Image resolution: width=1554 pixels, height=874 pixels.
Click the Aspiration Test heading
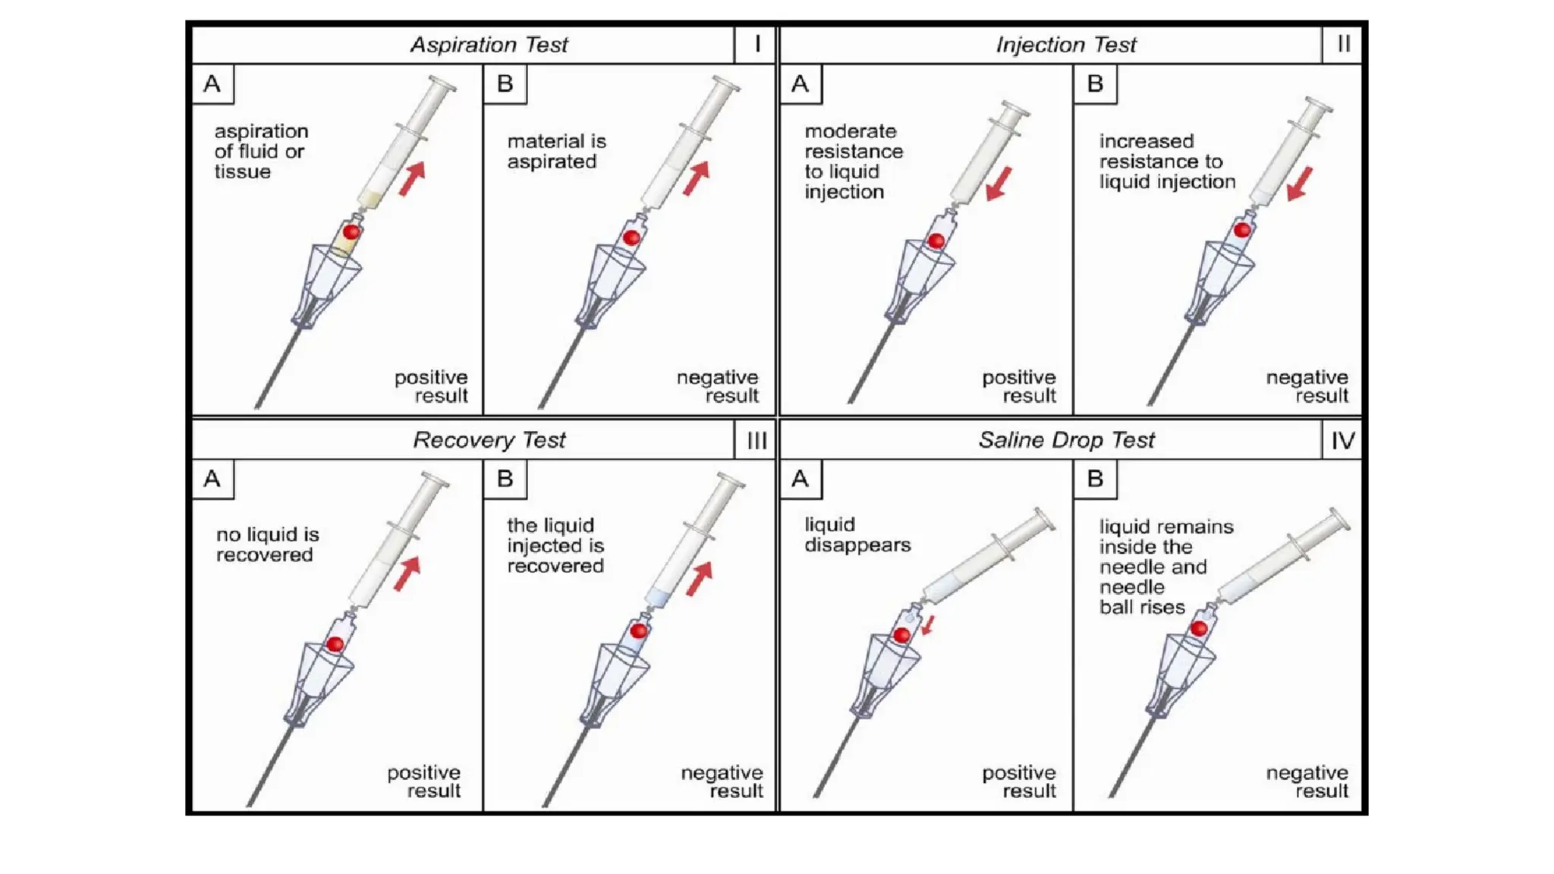tap(489, 45)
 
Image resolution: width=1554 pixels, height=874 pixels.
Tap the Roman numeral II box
tap(1342, 44)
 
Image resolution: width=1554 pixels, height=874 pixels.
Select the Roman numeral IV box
tap(1342, 440)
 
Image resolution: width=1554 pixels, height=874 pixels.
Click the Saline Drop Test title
tap(1065, 440)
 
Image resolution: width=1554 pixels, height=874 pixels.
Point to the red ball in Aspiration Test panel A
tap(351, 232)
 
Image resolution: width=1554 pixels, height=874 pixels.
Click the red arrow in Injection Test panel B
tap(1300, 184)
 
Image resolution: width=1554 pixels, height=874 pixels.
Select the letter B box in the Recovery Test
tap(505, 479)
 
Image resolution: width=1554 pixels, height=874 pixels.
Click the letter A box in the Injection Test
tap(800, 83)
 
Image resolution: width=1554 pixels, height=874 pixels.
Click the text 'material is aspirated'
tap(556, 151)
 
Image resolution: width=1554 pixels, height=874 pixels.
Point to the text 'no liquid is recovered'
tap(267, 544)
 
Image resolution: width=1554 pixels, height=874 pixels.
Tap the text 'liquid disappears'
tap(857, 535)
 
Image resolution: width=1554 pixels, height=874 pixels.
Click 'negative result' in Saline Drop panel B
tap(1307, 781)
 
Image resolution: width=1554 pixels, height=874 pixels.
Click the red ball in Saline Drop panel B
tap(1199, 628)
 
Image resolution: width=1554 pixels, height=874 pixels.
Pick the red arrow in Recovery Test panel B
tap(700, 579)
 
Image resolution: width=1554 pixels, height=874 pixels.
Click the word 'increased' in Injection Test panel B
tap(1146, 141)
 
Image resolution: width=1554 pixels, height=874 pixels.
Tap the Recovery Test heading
tap(489, 440)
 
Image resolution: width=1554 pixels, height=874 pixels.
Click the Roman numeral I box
tap(756, 44)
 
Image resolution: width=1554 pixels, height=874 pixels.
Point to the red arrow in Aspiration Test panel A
tap(412, 179)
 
